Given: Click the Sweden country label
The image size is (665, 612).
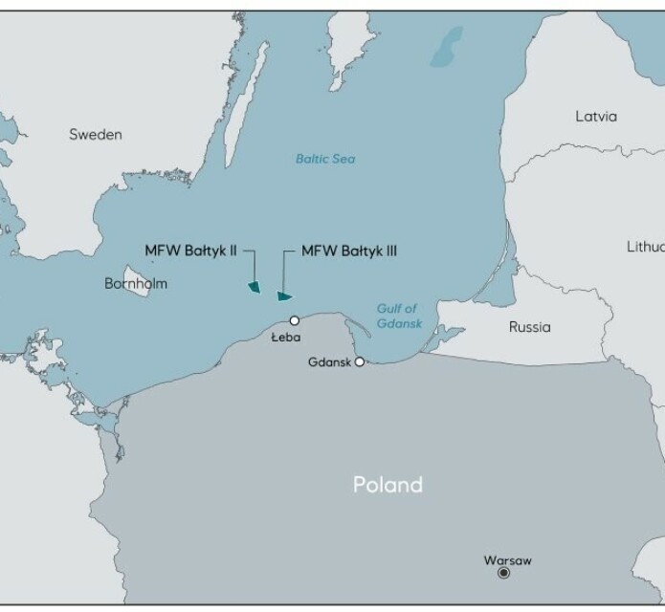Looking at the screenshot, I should point(96,135).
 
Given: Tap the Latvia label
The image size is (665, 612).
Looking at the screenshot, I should point(596,117).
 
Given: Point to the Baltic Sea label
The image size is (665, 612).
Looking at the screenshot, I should point(324,159).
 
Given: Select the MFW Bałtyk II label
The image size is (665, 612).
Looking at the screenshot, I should point(190,251).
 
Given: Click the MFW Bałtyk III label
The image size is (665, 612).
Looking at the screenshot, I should point(349,251).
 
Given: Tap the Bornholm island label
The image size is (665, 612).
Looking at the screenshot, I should point(135,284).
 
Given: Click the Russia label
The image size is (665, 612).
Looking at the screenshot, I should point(529,327).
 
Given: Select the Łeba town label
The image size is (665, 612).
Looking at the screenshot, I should point(286,338).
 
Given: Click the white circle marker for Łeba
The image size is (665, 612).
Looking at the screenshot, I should point(295,320).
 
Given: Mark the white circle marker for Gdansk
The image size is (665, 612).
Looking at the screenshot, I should point(360,362).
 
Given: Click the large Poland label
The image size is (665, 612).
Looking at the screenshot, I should point(388,485).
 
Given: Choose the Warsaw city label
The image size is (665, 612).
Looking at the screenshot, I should point(508,559).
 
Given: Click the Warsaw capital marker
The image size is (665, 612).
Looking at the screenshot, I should point(504,573).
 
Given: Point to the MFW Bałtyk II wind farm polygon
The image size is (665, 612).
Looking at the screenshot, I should point(255,287).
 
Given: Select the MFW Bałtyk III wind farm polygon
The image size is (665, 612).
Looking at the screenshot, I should point(283,295).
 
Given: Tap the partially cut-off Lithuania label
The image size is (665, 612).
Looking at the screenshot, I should point(645,247).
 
